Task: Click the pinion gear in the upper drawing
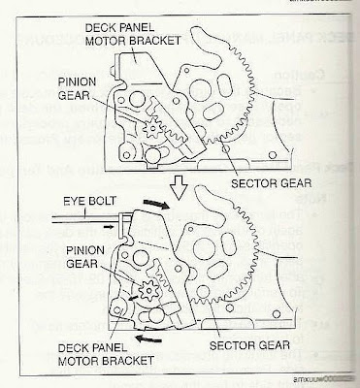154,129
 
